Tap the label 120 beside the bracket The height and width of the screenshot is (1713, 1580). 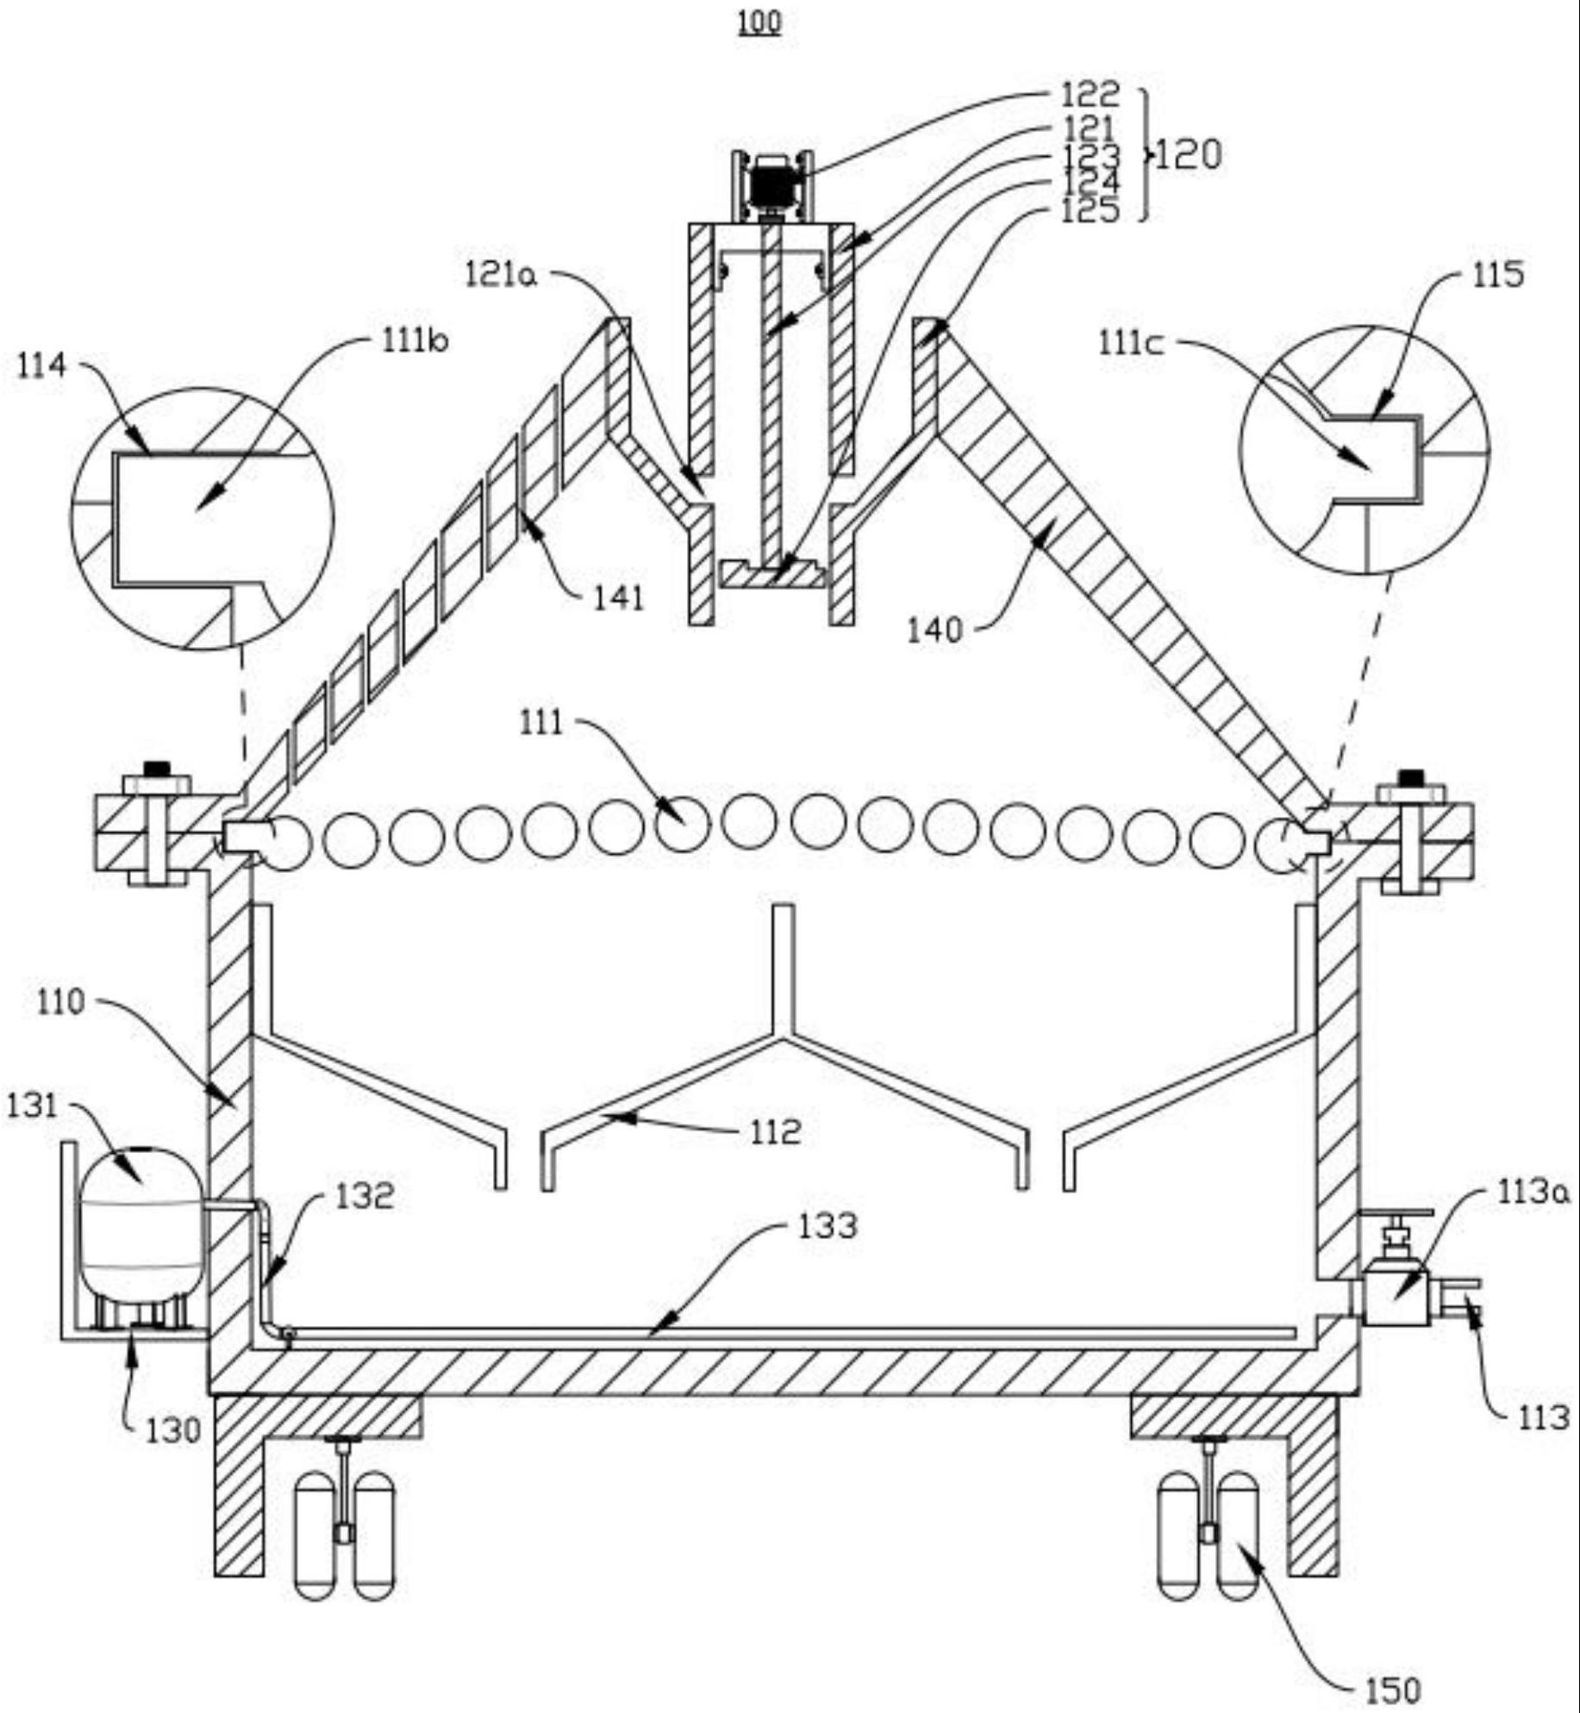click(1187, 155)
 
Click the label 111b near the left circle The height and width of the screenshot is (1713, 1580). click(415, 343)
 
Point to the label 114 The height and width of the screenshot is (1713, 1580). click(41, 366)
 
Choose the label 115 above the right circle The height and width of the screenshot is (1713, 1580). click(1498, 275)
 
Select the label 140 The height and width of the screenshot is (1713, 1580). click(934, 630)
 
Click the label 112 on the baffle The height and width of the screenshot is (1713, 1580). click(776, 1132)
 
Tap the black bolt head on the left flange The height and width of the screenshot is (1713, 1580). click(156, 768)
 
